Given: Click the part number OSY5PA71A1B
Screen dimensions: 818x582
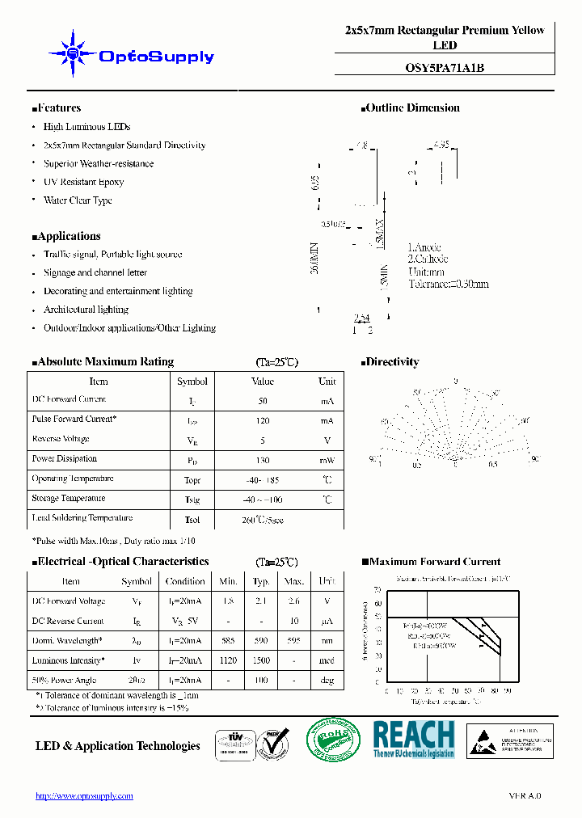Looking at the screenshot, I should [445, 68].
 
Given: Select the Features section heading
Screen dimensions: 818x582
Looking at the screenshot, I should [57, 108].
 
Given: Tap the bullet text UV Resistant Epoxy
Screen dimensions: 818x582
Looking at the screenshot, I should [83, 182].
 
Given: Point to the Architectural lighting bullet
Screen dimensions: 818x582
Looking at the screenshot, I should [86, 310].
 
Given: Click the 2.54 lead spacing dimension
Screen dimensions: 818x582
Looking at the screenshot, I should [363, 318].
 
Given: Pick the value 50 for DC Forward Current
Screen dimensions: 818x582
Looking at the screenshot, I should [263, 401].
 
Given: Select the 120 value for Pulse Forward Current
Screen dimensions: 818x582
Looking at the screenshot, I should [263, 420].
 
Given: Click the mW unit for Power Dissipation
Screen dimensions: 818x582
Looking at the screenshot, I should [327, 459].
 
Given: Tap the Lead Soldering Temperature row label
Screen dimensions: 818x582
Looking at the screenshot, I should [82, 518].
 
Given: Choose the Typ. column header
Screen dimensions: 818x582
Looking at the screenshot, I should [261, 581].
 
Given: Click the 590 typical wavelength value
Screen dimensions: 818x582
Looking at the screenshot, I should [261, 640].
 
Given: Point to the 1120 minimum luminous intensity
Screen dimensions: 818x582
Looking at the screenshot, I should [228, 660].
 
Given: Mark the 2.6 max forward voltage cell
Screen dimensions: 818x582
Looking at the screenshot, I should [294, 601].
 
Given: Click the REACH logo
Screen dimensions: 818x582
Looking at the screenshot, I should [414, 739].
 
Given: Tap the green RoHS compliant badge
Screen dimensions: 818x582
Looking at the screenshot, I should [333, 740].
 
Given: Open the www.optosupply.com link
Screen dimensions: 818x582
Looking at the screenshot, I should [84, 796].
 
